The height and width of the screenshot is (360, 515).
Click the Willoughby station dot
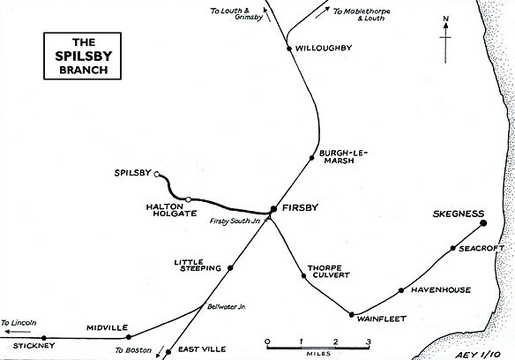tap(289, 49)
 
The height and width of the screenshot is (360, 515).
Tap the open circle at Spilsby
tap(157, 174)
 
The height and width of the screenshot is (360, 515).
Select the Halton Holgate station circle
tap(188, 199)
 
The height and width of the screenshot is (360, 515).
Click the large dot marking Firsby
tap(273, 209)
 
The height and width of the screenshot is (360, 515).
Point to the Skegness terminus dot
tap(483, 223)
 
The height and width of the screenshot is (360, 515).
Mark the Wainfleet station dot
tap(352, 315)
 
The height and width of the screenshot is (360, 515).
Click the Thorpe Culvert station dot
tap(304, 276)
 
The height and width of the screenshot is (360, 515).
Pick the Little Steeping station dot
tap(230, 268)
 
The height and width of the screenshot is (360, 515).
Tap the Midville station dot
tap(129, 337)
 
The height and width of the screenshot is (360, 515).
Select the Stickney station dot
tap(44, 338)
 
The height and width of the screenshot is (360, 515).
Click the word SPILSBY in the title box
tap(84, 56)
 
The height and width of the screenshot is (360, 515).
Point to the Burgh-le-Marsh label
tap(343, 157)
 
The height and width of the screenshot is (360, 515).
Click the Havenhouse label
tap(441, 290)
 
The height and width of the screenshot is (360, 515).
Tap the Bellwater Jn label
tap(227, 307)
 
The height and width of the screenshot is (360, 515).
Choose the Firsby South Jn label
tap(235, 221)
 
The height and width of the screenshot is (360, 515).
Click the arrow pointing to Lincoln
tap(18, 332)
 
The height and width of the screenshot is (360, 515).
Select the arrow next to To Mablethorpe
tap(323, 12)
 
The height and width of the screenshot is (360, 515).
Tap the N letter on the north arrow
tap(445, 19)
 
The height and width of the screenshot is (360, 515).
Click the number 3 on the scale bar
tap(369, 342)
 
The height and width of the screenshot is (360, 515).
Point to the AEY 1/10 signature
tap(478, 355)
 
